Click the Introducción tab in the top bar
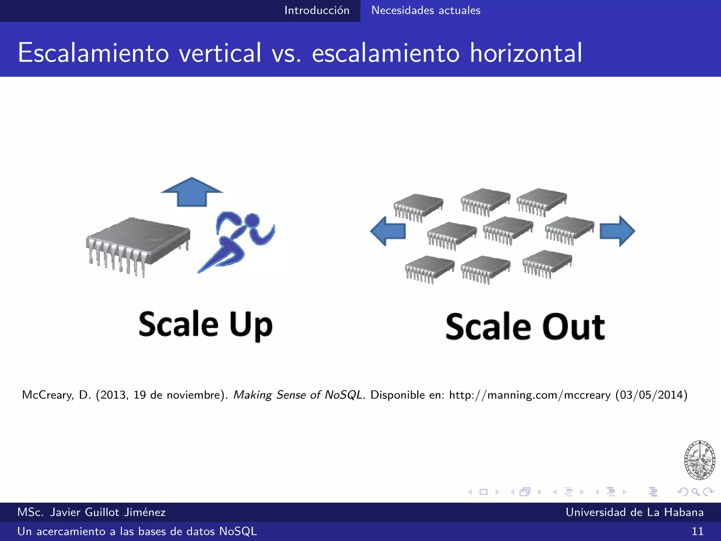tap(316, 11)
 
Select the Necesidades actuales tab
tap(426, 11)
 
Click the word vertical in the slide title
tap(220, 53)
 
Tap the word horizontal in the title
tap(526, 53)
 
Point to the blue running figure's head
tap(252, 220)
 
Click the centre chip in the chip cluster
tap(508, 229)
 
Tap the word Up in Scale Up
tap(251, 325)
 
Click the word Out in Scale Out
tap(573, 327)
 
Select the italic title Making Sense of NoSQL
tap(298, 395)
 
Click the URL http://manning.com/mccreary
tap(530, 395)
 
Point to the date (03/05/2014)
tap(651, 395)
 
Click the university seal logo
tap(700, 460)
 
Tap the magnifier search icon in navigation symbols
tap(695, 492)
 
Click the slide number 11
tap(697, 531)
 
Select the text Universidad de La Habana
tap(634, 512)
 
